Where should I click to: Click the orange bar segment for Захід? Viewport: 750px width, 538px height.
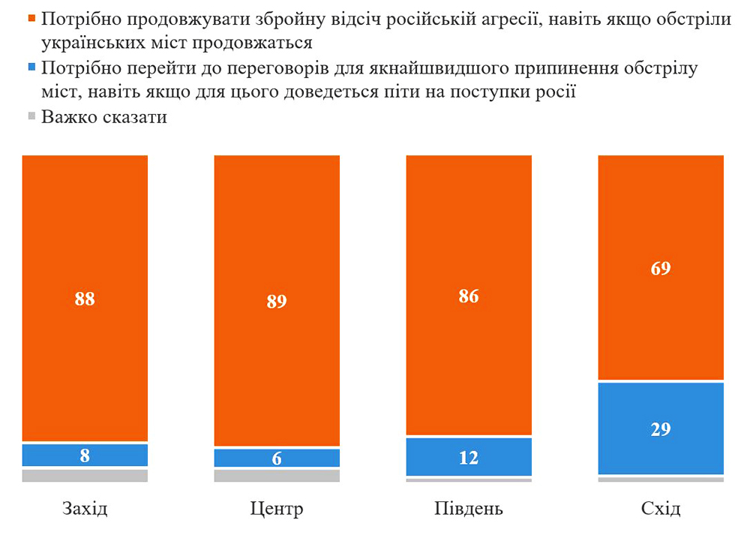pos(85,225)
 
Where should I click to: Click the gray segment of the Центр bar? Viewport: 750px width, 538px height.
pos(277,475)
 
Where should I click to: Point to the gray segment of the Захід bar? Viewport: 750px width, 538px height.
pos(85,475)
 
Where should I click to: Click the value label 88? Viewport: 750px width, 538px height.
pos(85,298)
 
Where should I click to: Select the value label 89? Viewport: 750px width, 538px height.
pos(277,301)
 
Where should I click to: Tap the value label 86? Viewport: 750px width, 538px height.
pos(469,296)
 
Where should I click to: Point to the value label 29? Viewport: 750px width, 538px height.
pos(661,429)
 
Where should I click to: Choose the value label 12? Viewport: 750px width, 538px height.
pos(469,457)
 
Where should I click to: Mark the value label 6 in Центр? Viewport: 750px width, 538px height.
pos(277,458)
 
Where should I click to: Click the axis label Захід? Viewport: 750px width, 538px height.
pos(85,509)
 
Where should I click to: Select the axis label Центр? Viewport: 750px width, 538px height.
pos(277,509)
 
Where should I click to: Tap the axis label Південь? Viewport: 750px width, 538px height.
pos(469,509)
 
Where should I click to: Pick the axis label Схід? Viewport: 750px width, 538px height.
pos(661,509)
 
